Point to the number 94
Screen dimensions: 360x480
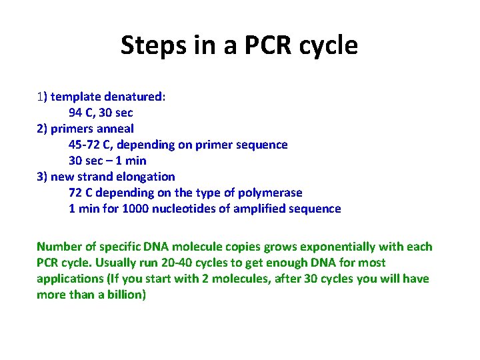pos(76,112)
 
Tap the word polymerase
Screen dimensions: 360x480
pos(273,192)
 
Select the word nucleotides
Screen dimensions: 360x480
pos(183,208)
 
